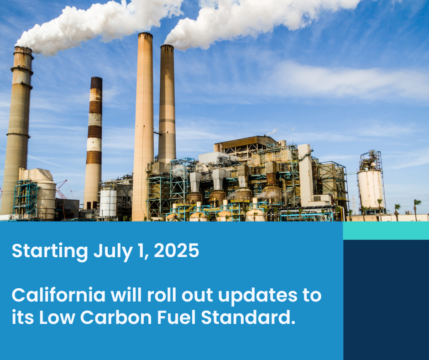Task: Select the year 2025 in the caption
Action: (177, 250)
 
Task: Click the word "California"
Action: (58, 295)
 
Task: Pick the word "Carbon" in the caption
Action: (116, 317)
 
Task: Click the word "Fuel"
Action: (176, 317)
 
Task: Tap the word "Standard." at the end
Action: (248, 317)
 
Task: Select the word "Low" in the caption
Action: (57, 317)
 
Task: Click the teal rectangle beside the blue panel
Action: (386, 231)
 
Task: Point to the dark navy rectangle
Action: (386, 300)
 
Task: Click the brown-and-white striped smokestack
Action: (93, 143)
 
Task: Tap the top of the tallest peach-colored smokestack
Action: (145, 35)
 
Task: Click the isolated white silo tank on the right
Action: (371, 189)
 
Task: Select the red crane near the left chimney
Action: (61, 190)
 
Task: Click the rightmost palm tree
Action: (417, 209)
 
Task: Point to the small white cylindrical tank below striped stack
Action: (108, 203)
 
